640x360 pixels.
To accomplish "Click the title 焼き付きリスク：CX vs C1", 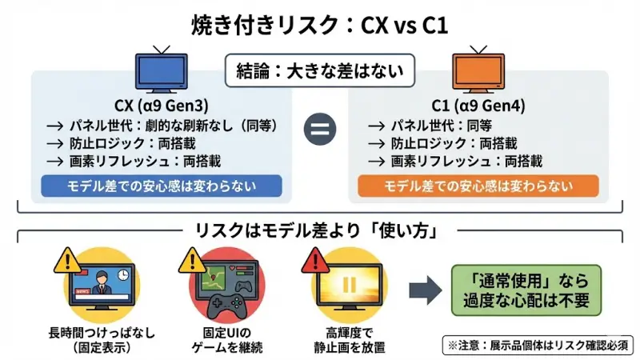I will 320,24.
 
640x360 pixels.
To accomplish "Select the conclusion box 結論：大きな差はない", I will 320,70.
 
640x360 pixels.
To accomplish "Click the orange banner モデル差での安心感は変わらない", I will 479,186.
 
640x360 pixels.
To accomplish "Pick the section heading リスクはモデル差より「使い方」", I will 320,231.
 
